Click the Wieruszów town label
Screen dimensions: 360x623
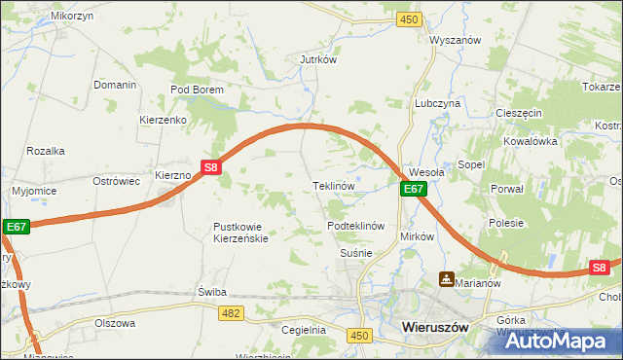[x=435, y=329]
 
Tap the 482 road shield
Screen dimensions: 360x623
[x=231, y=311]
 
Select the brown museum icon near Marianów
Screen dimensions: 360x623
[x=446, y=279]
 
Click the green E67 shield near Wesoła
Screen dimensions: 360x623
[x=414, y=189]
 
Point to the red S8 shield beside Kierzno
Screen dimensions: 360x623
[x=212, y=167]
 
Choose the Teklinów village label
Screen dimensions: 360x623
[x=332, y=185]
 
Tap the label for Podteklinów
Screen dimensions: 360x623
[x=357, y=226]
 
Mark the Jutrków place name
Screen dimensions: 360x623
[x=318, y=59]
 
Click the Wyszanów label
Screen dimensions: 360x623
[x=458, y=41]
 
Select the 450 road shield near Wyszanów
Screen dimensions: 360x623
[x=410, y=19]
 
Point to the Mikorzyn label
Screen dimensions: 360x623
[x=47, y=18]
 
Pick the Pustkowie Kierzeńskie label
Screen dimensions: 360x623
[x=240, y=233]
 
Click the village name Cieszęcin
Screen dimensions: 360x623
[x=518, y=113]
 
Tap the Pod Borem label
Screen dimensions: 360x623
[x=198, y=90]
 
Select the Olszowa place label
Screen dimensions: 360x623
[x=115, y=323]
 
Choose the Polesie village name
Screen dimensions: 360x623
[x=507, y=223]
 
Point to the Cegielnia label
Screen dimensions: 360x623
[x=304, y=330]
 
